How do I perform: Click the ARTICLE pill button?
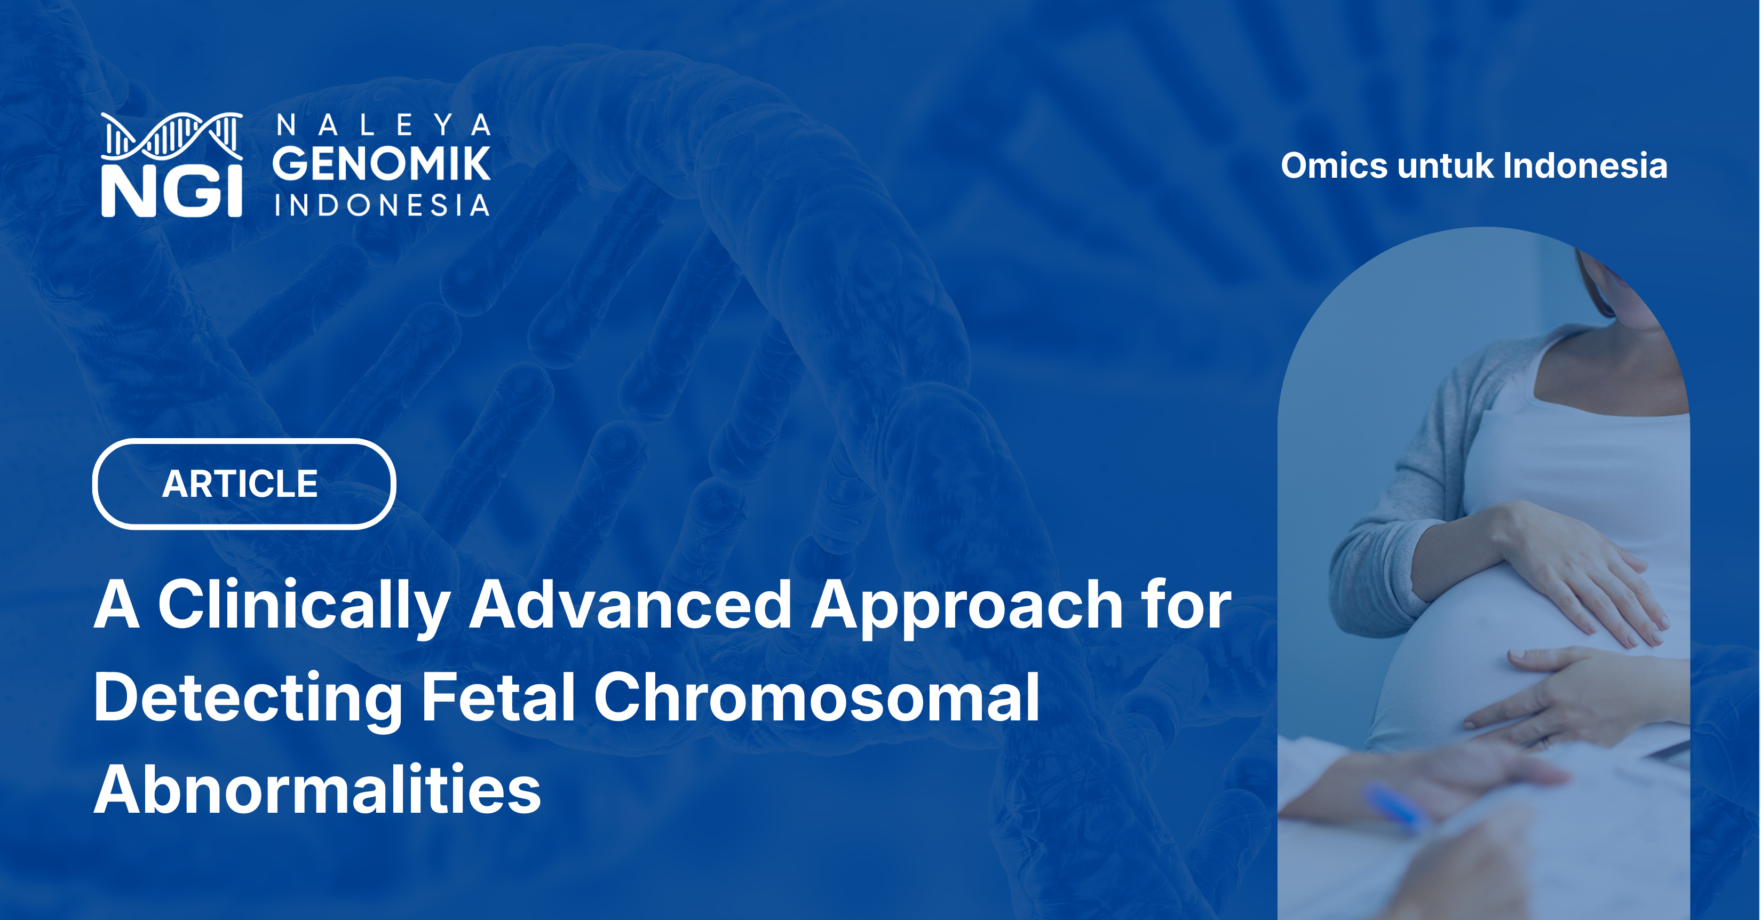click(x=243, y=484)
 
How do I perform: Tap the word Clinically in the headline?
click(x=303, y=606)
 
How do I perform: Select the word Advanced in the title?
click(x=630, y=606)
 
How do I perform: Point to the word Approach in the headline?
click(x=966, y=606)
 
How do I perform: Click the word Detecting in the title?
click(x=248, y=698)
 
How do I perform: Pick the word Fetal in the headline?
click(x=498, y=698)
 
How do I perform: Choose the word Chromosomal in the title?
click(x=816, y=698)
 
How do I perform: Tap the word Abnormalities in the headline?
click(x=317, y=790)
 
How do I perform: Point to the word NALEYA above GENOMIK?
click(x=383, y=125)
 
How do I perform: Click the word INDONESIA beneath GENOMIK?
click(x=382, y=205)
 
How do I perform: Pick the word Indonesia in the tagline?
click(x=1584, y=166)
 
